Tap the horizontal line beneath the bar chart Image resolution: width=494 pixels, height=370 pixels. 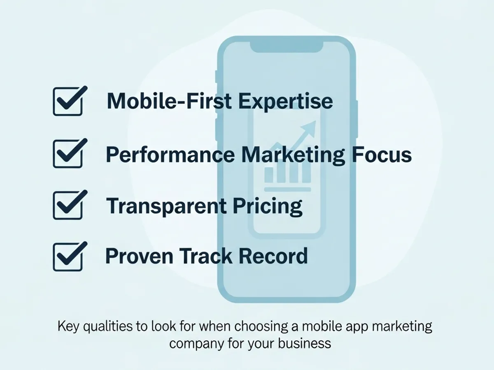click(x=287, y=189)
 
